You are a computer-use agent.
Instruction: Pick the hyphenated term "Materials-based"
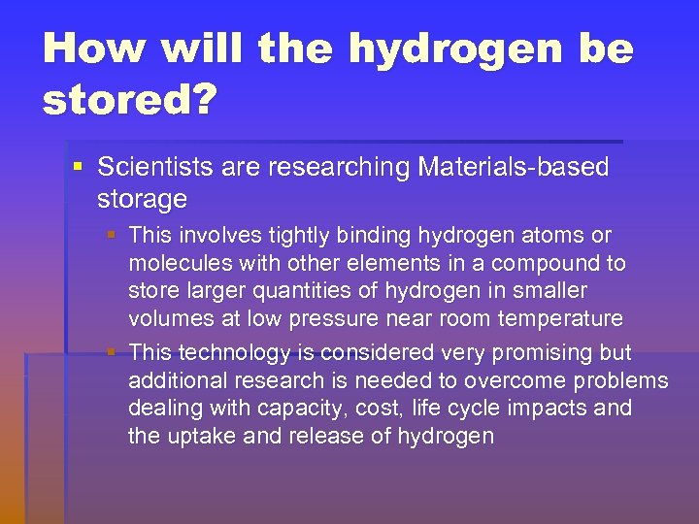tap(514, 167)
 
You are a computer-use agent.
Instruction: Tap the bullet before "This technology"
tap(115, 352)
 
